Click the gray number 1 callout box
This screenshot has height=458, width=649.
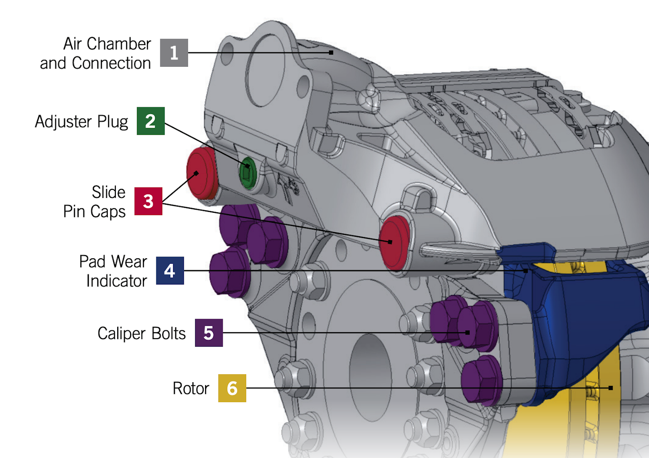click(x=174, y=53)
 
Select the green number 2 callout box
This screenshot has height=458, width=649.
click(x=151, y=121)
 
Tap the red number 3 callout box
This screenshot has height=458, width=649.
click(x=148, y=201)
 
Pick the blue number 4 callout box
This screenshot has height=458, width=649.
click(x=170, y=270)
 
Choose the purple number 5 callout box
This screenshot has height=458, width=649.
click(x=209, y=333)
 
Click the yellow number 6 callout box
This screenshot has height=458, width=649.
click(x=232, y=388)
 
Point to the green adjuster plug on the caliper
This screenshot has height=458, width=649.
click(x=247, y=173)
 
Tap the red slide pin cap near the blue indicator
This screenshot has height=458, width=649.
click(x=393, y=243)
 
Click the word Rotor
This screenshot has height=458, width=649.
click(x=191, y=388)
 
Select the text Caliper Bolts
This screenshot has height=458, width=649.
click(x=142, y=333)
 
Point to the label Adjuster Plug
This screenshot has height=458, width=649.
click(x=82, y=122)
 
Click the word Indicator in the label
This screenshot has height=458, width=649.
click(x=117, y=281)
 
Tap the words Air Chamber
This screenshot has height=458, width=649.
click(x=107, y=44)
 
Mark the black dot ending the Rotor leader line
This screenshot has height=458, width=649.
click(x=611, y=388)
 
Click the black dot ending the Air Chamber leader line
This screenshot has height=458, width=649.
click(x=331, y=53)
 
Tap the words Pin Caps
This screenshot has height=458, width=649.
click(x=94, y=211)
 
